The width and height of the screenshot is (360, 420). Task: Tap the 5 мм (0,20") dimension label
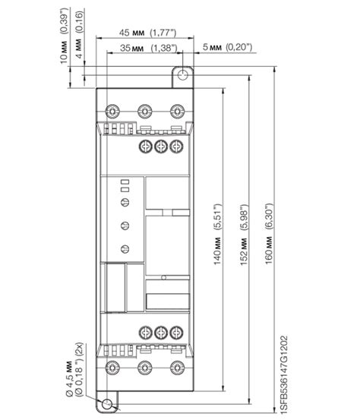coord(227,47)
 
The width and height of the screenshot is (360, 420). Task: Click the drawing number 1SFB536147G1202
coord(285,375)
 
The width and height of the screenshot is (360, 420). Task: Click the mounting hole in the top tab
coord(183,74)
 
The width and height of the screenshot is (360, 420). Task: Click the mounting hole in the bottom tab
coord(107,404)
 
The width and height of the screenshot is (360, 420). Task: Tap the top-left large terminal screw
coord(112,111)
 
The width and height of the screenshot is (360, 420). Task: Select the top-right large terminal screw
coord(177,111)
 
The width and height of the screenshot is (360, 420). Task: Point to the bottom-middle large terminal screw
coord(145,368)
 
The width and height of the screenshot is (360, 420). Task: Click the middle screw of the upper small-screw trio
coord(161,147)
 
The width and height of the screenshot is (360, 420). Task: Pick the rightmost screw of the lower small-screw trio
coord(176,333)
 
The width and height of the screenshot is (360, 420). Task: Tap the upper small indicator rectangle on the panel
coord(125,182)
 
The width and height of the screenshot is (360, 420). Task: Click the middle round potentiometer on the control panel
coord(125,226)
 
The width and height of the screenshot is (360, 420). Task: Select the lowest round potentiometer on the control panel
coord(125,249)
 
